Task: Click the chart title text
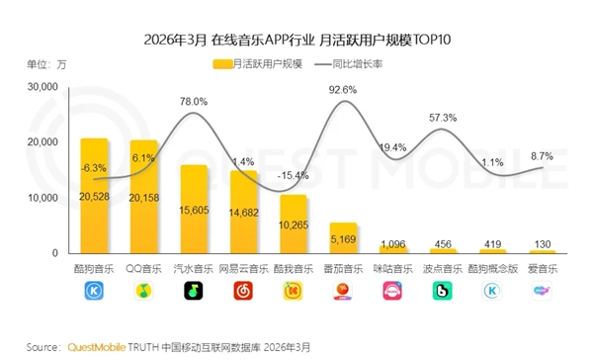pos(296,40)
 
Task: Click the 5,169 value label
pos(342,238)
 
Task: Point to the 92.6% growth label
pos(342,90)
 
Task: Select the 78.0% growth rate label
pos(194,102)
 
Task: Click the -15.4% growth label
pos(293,175)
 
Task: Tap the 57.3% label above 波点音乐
pos(442,118)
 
